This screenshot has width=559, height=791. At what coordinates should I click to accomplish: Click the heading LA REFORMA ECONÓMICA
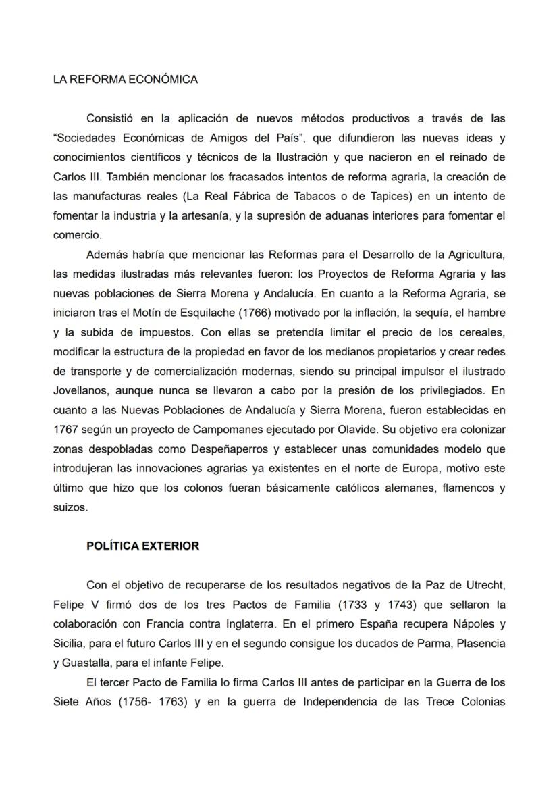[x=126, y=80]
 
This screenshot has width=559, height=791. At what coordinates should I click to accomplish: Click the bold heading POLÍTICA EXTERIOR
[x=142, y=546]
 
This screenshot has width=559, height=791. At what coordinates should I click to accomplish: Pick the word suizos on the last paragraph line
[x=70, y=507]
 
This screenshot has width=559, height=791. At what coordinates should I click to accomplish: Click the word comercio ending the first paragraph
[x=77, y=236]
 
